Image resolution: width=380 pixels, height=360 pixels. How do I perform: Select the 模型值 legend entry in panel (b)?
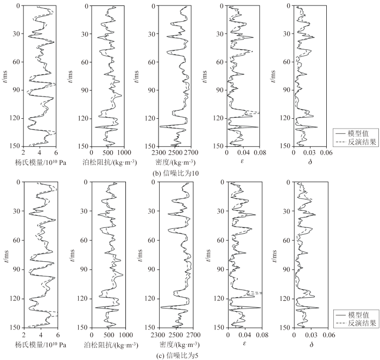pos(359,132)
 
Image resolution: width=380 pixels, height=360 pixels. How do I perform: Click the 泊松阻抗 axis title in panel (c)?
pos(109,345)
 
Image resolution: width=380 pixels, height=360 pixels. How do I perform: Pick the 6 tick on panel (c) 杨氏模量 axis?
pos(57,336)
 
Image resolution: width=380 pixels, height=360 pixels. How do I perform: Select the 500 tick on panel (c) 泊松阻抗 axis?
pos(109,336)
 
